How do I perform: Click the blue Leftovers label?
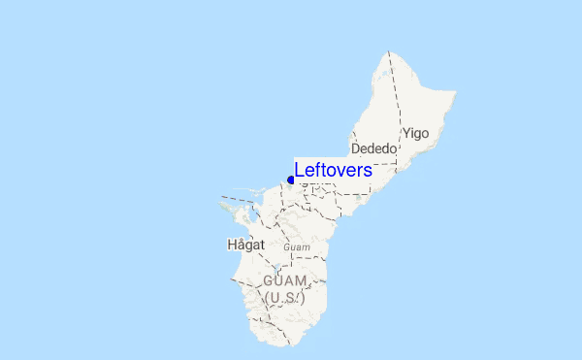(333, 170)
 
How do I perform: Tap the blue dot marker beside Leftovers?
(291, 180)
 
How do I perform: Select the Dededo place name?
(374, 149)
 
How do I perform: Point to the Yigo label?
(415, 133)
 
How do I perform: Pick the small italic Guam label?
(297, 248)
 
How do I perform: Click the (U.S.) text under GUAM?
(285, 298)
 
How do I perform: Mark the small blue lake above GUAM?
(276, 268)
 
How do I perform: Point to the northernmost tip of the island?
(389, 50)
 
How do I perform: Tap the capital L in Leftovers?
(300, 170)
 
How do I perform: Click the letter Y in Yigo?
(405, 133)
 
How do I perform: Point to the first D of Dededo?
(356, 149)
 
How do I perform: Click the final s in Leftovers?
(368, 171)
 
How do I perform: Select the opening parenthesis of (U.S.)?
(267, 299)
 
